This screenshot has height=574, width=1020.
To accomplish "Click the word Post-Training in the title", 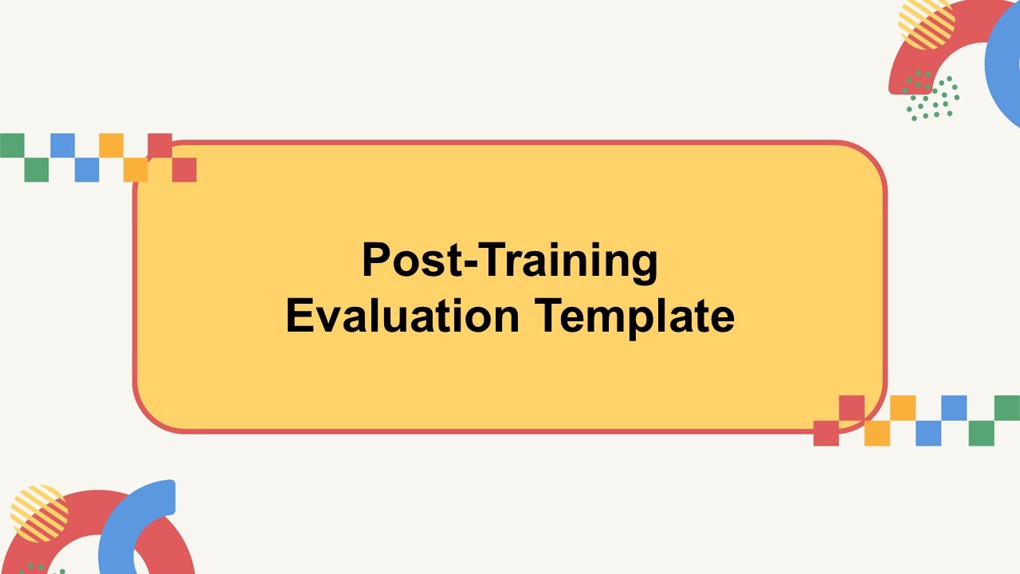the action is tap(509, 260).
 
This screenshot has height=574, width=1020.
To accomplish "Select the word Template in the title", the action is tap(635, 317).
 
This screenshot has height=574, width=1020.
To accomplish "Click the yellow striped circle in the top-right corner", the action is tap(926, 23).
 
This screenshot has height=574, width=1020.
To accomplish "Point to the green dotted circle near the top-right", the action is tap(932, 96).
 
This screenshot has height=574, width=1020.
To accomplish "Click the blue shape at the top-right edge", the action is tap(1004, 64).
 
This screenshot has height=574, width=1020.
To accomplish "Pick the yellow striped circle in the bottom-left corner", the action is tap(40, 513).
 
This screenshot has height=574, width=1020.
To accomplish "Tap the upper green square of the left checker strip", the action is tap(12, 145).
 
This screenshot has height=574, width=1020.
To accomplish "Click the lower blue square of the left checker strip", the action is tap(87, 170).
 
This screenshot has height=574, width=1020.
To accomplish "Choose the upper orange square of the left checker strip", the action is tap(111, 145).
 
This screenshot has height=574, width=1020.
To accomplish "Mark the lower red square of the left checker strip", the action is tap(184, 170).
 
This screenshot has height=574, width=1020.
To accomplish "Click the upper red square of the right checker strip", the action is tap(852, 408).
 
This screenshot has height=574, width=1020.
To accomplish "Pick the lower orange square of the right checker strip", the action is tap(877, 433).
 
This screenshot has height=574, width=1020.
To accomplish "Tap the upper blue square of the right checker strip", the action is tap(954, 408).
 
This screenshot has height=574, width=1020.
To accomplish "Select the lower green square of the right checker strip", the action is tap(981, 433).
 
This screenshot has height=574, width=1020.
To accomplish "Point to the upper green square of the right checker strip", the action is tap(1006, 408).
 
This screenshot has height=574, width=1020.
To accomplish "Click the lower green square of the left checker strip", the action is tap(37, 170).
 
